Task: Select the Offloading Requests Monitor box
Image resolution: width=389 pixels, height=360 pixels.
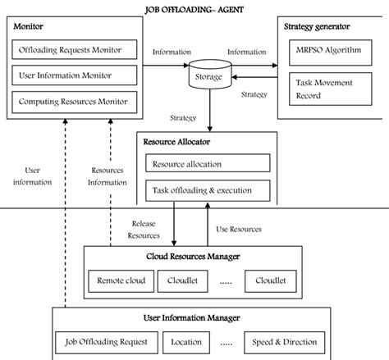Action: (x=71, y=51)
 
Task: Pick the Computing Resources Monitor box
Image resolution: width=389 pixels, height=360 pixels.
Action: (x=71, y=103)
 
